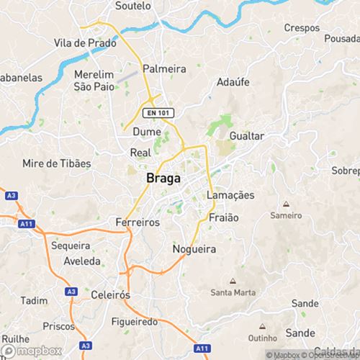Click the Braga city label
click(163, 178)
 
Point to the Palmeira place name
click(164, 68)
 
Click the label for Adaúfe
click(233, 82)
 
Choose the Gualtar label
click(247, 136)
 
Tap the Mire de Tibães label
click(57, 163)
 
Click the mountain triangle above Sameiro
click(286, 204)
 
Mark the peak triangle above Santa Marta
click(232, 281)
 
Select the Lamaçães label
click(230, 196)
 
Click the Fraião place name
click(223, 217)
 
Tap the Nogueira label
click(195, 249)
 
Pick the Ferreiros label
click(138, 222)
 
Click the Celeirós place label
click(111, 294)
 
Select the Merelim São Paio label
click(95, 81)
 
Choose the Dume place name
click(146, 132)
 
